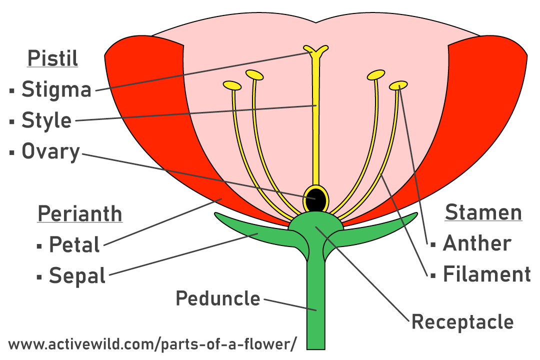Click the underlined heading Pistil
(52, 58)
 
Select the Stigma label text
(56, 90)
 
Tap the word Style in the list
(46, 121)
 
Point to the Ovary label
(50, 152)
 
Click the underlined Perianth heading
(80, 213)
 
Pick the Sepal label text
(77, 276)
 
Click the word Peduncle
(218, 299)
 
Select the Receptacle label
(462, 322)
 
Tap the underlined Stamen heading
(483, 212)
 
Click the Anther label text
(477, 243)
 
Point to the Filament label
(486, 274)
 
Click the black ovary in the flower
(316, 199)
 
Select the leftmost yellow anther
(232, 85)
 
